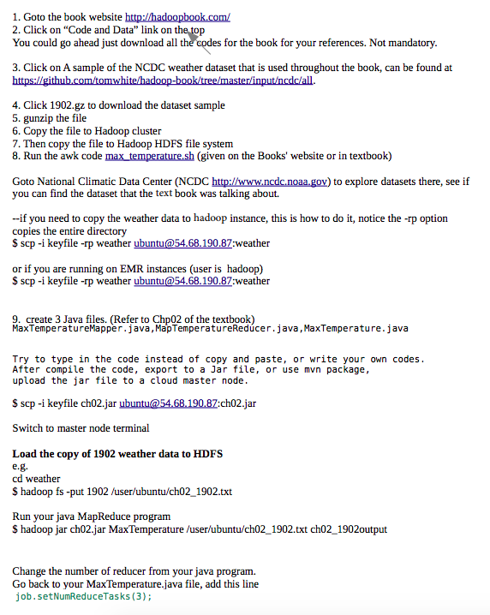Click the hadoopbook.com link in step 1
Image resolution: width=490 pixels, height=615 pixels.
click(177, 16)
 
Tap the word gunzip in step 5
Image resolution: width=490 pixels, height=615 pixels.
click(40, 118)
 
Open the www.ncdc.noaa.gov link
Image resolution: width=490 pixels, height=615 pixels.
click(270, 182)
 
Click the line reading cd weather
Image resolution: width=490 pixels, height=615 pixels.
click(36, 479)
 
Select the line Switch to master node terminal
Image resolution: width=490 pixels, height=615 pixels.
click(81, 427)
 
